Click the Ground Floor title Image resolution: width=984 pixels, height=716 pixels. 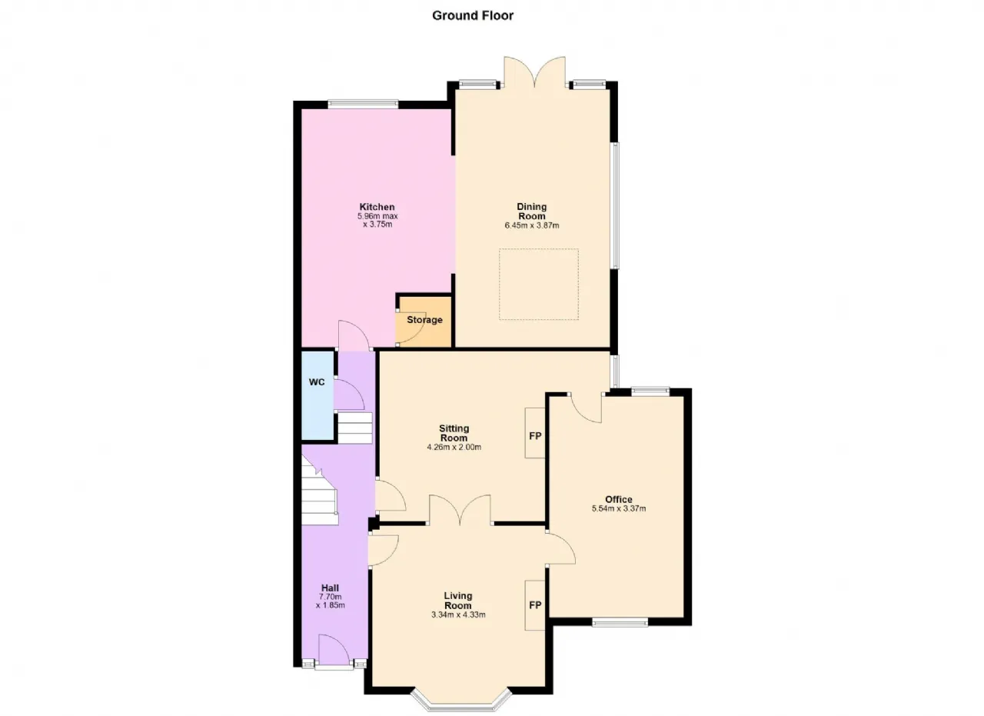click(473, 15)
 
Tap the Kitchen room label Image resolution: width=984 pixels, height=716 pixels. click(377, 207)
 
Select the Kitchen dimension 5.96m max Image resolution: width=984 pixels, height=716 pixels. click(377, 216)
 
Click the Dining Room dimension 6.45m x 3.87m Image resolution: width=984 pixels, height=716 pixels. click(531, 225)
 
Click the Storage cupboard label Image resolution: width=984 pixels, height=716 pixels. click(424, 319)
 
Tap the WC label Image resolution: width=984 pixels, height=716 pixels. click(317, 382)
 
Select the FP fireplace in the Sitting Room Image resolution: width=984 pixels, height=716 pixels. click(535, 436)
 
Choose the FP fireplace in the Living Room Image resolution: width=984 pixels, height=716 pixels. click(535, 605)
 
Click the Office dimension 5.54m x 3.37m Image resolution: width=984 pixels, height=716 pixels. click(619, 508)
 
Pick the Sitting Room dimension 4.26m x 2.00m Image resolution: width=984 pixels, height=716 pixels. click(454, 447)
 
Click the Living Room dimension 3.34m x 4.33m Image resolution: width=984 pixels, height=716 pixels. click(458, 614)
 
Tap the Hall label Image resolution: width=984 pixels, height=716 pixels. click(330, 588)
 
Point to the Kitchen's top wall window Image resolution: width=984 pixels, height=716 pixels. click(363, 104)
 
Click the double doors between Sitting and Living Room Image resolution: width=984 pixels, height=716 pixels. click(460, 510)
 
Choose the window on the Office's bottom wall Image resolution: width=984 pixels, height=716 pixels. click(620, 621)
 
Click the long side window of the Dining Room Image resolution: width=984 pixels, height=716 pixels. click(616, 205)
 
